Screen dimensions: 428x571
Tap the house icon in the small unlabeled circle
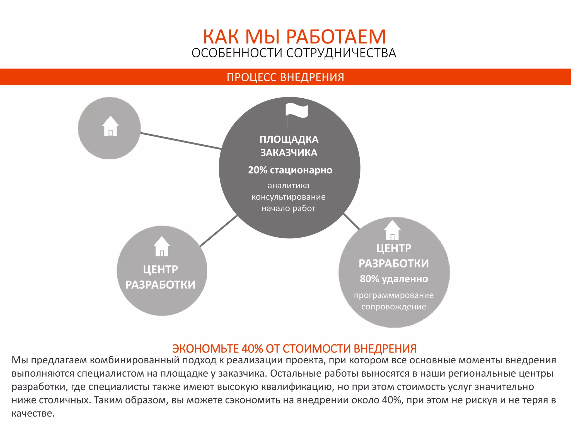coord(110,126)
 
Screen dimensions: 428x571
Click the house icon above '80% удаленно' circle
coord(392,230)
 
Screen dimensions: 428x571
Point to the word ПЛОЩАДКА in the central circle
coord(289,139)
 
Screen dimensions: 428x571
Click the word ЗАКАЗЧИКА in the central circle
coord(289,153)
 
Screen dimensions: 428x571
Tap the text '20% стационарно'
coord(290,170)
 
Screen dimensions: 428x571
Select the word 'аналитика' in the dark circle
coord(289,186)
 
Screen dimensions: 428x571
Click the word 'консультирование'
coord(289,197)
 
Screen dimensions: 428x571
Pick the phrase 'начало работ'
coord(289,208)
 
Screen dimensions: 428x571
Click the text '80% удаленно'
coord(394,279)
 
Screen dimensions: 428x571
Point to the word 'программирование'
coord(394,295)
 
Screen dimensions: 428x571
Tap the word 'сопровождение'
coord(394,307)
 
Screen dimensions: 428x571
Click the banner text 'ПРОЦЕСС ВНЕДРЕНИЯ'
coord(285,77)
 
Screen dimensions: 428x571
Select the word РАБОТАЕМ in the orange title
coord(336,37)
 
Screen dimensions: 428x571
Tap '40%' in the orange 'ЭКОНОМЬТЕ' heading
coord(252,349)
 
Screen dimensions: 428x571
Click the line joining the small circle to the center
coord(181,141)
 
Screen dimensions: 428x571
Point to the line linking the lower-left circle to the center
coord(219,231)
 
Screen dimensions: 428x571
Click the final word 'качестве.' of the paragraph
coord(33,414)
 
